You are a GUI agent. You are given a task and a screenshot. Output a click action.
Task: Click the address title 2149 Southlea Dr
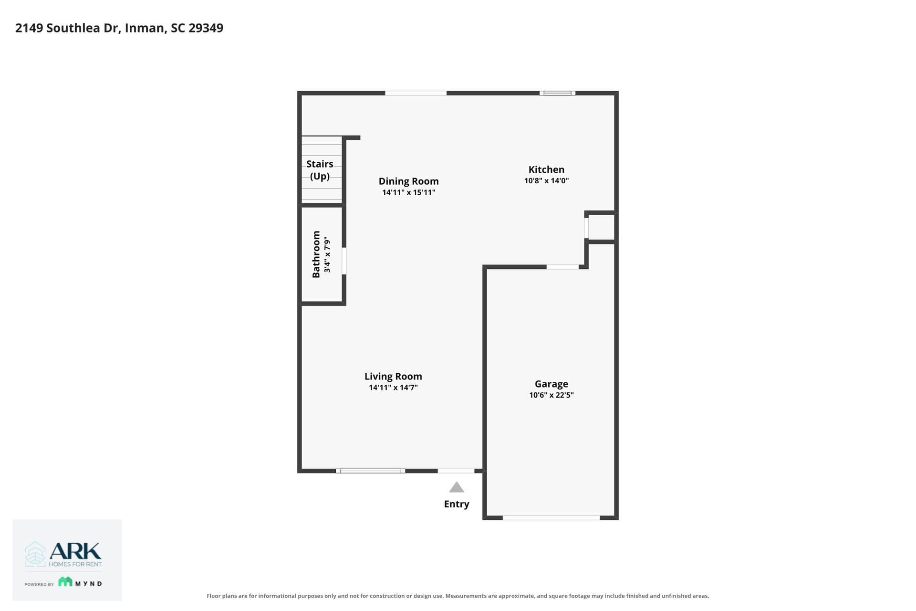coord(67,28)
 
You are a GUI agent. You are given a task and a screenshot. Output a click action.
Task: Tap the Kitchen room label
coord(546,169)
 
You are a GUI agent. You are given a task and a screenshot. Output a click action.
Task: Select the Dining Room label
coord(408,181)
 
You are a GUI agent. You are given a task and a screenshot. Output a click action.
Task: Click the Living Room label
coord(393,377)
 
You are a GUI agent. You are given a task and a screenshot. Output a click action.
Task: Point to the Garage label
coord(551,384)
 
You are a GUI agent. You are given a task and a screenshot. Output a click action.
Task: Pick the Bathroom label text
coord(316,254)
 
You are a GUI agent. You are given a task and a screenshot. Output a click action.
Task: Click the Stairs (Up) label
coord(320,170)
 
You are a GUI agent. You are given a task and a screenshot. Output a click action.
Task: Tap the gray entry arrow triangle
coord(457,487)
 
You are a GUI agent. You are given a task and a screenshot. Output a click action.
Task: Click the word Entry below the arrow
coord(457,504)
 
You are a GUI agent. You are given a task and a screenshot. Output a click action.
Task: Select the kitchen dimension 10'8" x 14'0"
coord(546,181)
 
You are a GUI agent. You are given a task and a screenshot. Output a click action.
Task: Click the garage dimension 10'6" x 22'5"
coord(551,395)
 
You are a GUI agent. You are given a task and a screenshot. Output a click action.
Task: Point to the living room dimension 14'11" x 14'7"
coord(393,388)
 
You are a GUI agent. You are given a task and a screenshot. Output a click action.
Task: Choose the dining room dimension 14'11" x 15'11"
coord(408,192)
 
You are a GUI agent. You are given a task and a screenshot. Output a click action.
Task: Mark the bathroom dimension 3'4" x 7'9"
coord(327,254)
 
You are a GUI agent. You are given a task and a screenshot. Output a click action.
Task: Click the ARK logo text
coord(75,551)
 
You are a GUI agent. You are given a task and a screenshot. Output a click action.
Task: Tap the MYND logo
coord(80,582)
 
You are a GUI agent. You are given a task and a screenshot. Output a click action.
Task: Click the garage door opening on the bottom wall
coord(551,518)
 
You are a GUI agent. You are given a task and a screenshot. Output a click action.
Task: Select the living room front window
coord(370,471)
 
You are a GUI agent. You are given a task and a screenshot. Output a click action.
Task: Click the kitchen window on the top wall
coord(557,93)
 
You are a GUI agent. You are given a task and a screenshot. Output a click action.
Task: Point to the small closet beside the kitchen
coord(601,227)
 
